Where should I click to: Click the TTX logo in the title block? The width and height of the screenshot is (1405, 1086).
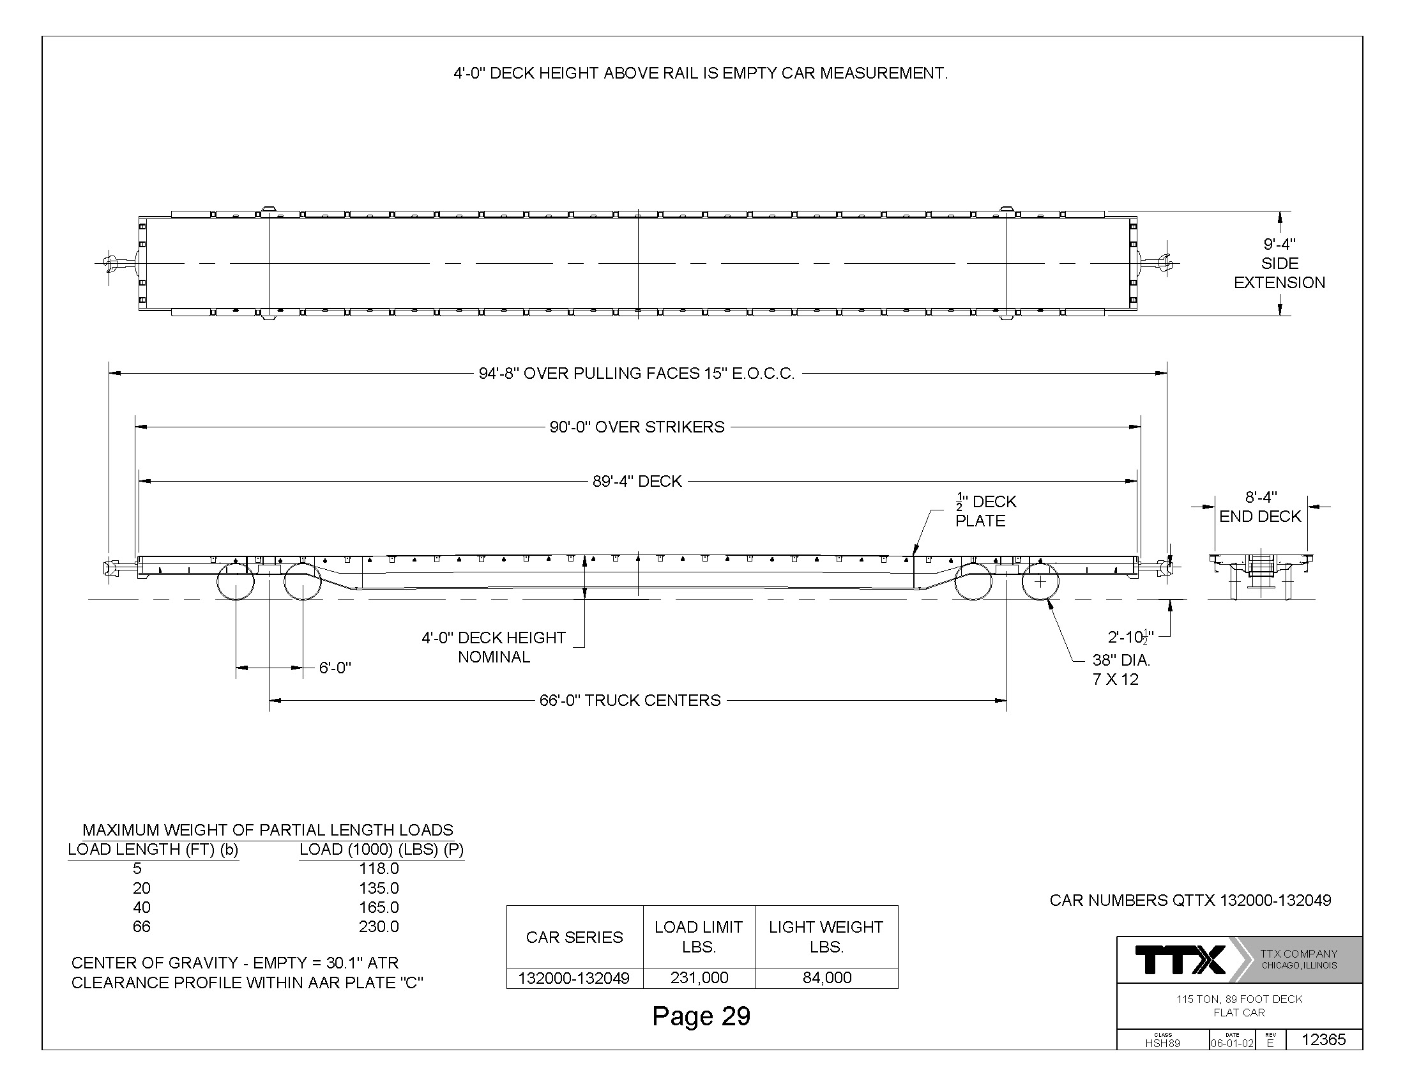tap(1180, 960)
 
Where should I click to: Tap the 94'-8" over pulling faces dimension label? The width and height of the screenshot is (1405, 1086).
tap(637, 374)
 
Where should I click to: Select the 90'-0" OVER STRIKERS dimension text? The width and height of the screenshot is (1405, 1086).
tap(637, 427)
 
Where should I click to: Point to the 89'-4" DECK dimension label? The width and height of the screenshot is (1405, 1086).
tap(637, 481)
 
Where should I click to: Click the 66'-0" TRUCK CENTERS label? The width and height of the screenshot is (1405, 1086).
tap(630, 700)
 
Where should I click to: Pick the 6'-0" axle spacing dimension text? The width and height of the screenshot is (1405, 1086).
tap(335, 668)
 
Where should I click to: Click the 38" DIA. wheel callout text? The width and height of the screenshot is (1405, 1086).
tap(1121, 660)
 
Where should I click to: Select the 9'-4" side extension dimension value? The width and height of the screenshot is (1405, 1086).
tap(1280, 245)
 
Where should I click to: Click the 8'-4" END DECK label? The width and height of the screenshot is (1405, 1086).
tap(1260, 507)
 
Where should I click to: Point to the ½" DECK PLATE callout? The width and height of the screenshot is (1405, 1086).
tap(985, 511)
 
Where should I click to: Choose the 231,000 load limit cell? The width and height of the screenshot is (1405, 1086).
tap(699, 977)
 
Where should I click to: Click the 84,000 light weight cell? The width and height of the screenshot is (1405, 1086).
tap(826, 977)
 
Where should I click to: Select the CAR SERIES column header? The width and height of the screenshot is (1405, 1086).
tap(575, 937)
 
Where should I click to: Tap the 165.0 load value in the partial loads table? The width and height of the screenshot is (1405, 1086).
tap(379, 907)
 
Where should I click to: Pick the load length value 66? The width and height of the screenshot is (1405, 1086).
tap(142, 926)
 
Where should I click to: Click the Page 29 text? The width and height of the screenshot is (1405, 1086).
tap(701, 1016)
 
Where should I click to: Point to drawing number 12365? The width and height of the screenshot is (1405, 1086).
tap(1323, 1039)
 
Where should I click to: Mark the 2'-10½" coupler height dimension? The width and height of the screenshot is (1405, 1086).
tap(1130, 637)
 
